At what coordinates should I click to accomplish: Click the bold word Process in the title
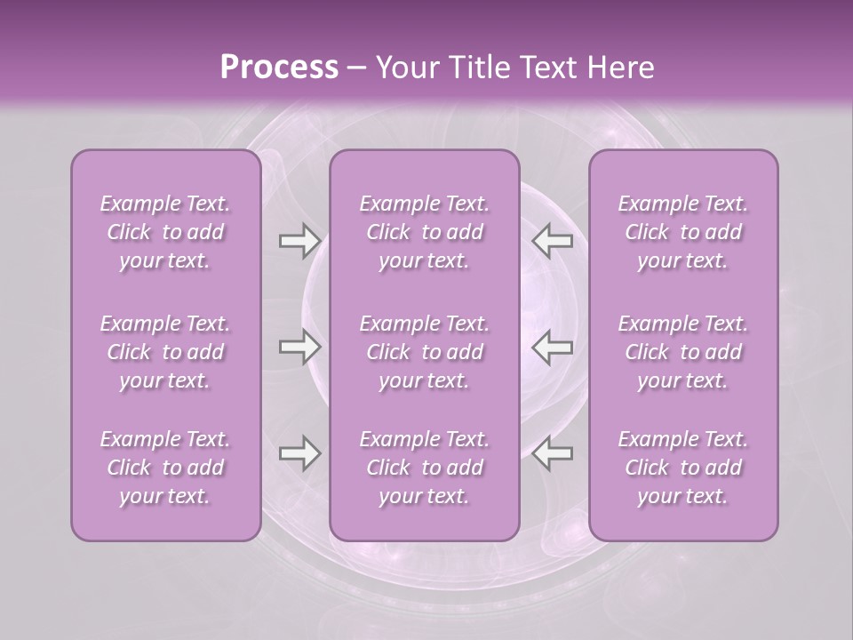[x=279, y=68]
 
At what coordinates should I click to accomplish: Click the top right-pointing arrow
[x=299, y=241]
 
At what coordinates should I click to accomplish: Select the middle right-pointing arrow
[x=299, y=347]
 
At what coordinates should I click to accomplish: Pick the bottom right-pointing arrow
[x=299, y=453]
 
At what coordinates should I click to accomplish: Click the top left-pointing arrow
[x=553, y=241]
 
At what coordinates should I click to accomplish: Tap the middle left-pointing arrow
[x=553, y=347]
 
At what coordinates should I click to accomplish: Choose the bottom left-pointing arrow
[x=553, y=453]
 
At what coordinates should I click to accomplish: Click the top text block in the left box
[x=165, y=232]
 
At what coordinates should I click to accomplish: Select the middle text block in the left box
[x=165, y=352]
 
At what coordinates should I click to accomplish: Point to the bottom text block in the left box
[x=165, y=468]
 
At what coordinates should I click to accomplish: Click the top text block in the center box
[x=424, y=232]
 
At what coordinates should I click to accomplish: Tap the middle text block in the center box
[x=424, y=352]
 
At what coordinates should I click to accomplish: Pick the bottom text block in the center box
[x=424, y=468]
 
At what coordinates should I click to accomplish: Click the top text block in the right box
[x=682, y=232]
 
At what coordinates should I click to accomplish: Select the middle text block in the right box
[x=682, y=352]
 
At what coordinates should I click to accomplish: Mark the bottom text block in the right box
[x=682, y=468]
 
